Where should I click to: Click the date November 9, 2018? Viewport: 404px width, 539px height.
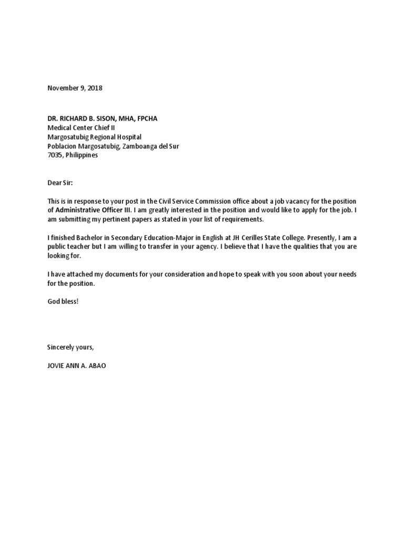pyautogui.click(x=75, y=88)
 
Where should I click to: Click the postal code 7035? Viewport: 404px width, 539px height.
pyautogui.click(x=55, y=155)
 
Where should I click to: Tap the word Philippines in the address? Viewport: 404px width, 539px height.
pyautogui.click(x=82, y=155)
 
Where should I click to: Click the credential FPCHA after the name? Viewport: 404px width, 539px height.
pyautogui.click(x=147, y=119)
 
